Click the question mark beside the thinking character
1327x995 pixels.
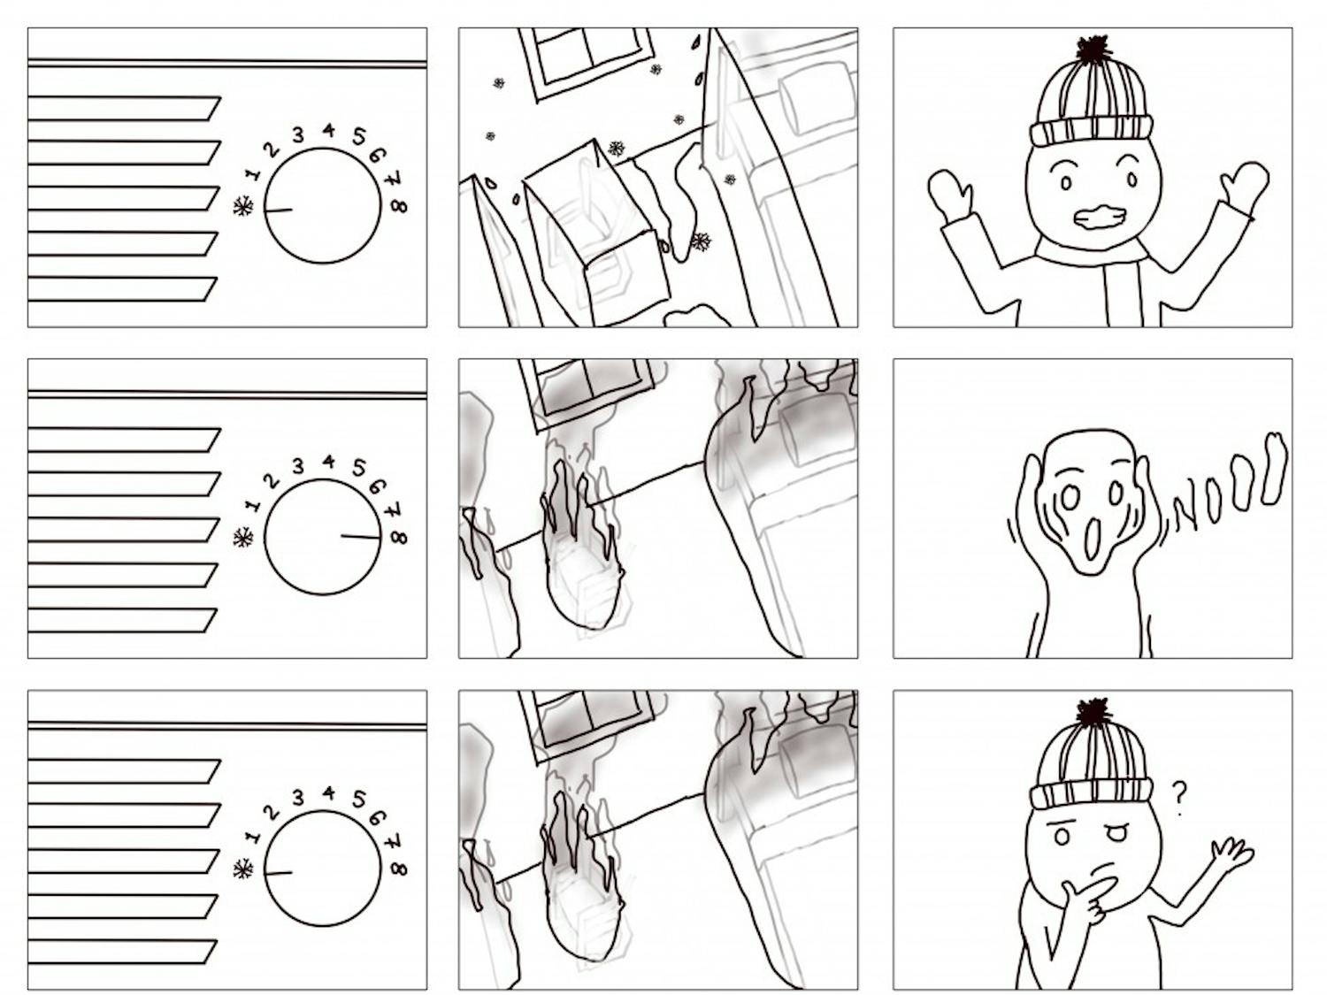[1178, 799]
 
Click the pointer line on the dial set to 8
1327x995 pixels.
[361, 537]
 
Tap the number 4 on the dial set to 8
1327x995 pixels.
[328, 463]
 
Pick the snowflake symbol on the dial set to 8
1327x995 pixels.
[243, 537]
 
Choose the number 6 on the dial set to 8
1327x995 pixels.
[377, 486]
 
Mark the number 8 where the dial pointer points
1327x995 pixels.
[399, 537]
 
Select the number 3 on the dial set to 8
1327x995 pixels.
[297, 466]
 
